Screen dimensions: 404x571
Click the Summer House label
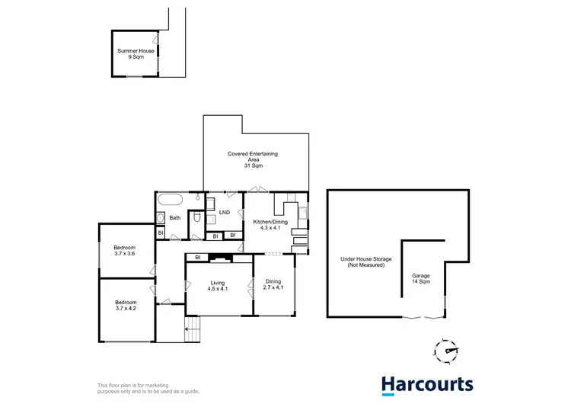136,54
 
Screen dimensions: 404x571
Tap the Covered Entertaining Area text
253,159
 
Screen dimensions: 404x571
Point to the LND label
225,213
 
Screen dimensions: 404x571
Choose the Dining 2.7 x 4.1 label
273,285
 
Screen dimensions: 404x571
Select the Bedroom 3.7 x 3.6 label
125,251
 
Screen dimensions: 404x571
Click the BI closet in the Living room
197,258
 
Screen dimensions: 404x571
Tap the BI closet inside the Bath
161,232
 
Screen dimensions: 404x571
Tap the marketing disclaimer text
137,387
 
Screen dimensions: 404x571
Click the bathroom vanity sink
161,219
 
